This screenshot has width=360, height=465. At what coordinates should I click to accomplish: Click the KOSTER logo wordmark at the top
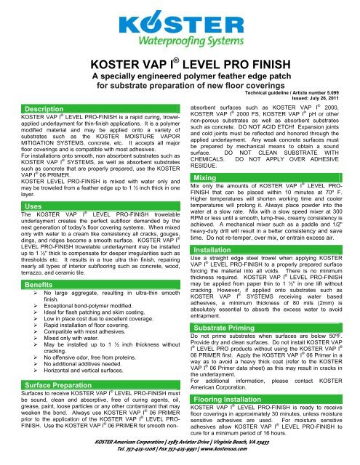[179, 17]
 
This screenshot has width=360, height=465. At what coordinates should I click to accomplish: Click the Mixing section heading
[199, 178]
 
